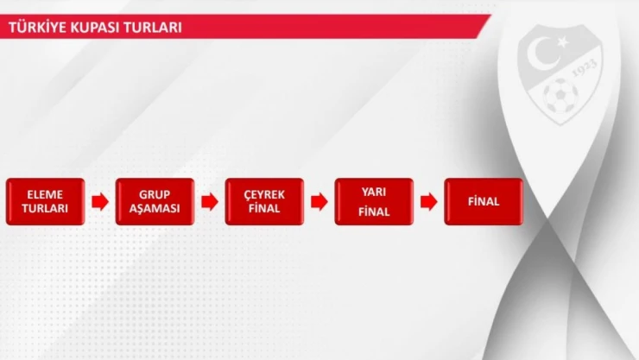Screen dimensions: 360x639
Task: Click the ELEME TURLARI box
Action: [45, 201]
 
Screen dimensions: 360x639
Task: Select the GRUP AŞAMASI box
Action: [155, 201]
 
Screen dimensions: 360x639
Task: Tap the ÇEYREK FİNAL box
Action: [264, 201]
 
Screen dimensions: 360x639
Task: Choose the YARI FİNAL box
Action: [374, 201]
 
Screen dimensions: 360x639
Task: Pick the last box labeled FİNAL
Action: [484, 201]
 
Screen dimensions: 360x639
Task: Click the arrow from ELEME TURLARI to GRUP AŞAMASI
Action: [99, 202]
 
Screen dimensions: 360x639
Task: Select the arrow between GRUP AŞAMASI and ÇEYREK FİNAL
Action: [209, 202]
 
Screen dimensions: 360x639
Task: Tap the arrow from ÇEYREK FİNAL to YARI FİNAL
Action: [319, 202]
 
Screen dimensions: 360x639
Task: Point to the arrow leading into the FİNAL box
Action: [428, 202]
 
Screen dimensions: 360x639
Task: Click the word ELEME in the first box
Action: [45, 194]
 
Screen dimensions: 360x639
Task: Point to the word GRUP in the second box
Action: [155, 194]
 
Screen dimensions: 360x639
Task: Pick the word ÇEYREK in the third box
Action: [264, 194]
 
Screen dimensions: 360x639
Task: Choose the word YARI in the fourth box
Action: [374, 193]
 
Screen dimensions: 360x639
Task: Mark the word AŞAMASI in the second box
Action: [155, 209]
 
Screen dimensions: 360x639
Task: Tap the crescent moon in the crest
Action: [547, 54]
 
